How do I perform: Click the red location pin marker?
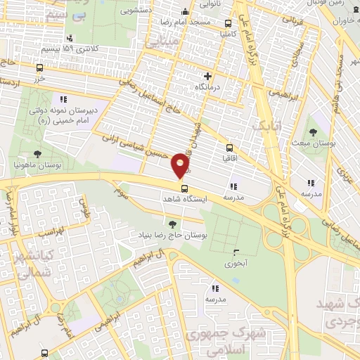coord(181,165)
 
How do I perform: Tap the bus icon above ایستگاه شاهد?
coord(184,188)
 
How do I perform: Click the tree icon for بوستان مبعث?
coord(312,132)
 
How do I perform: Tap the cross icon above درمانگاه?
coord(207,76)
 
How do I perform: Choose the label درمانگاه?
coord(208,87)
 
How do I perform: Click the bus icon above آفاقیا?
coord(229,148)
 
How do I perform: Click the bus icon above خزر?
coord(39,69)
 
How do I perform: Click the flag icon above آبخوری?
coord(235,254)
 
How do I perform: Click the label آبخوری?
coord(236,265)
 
